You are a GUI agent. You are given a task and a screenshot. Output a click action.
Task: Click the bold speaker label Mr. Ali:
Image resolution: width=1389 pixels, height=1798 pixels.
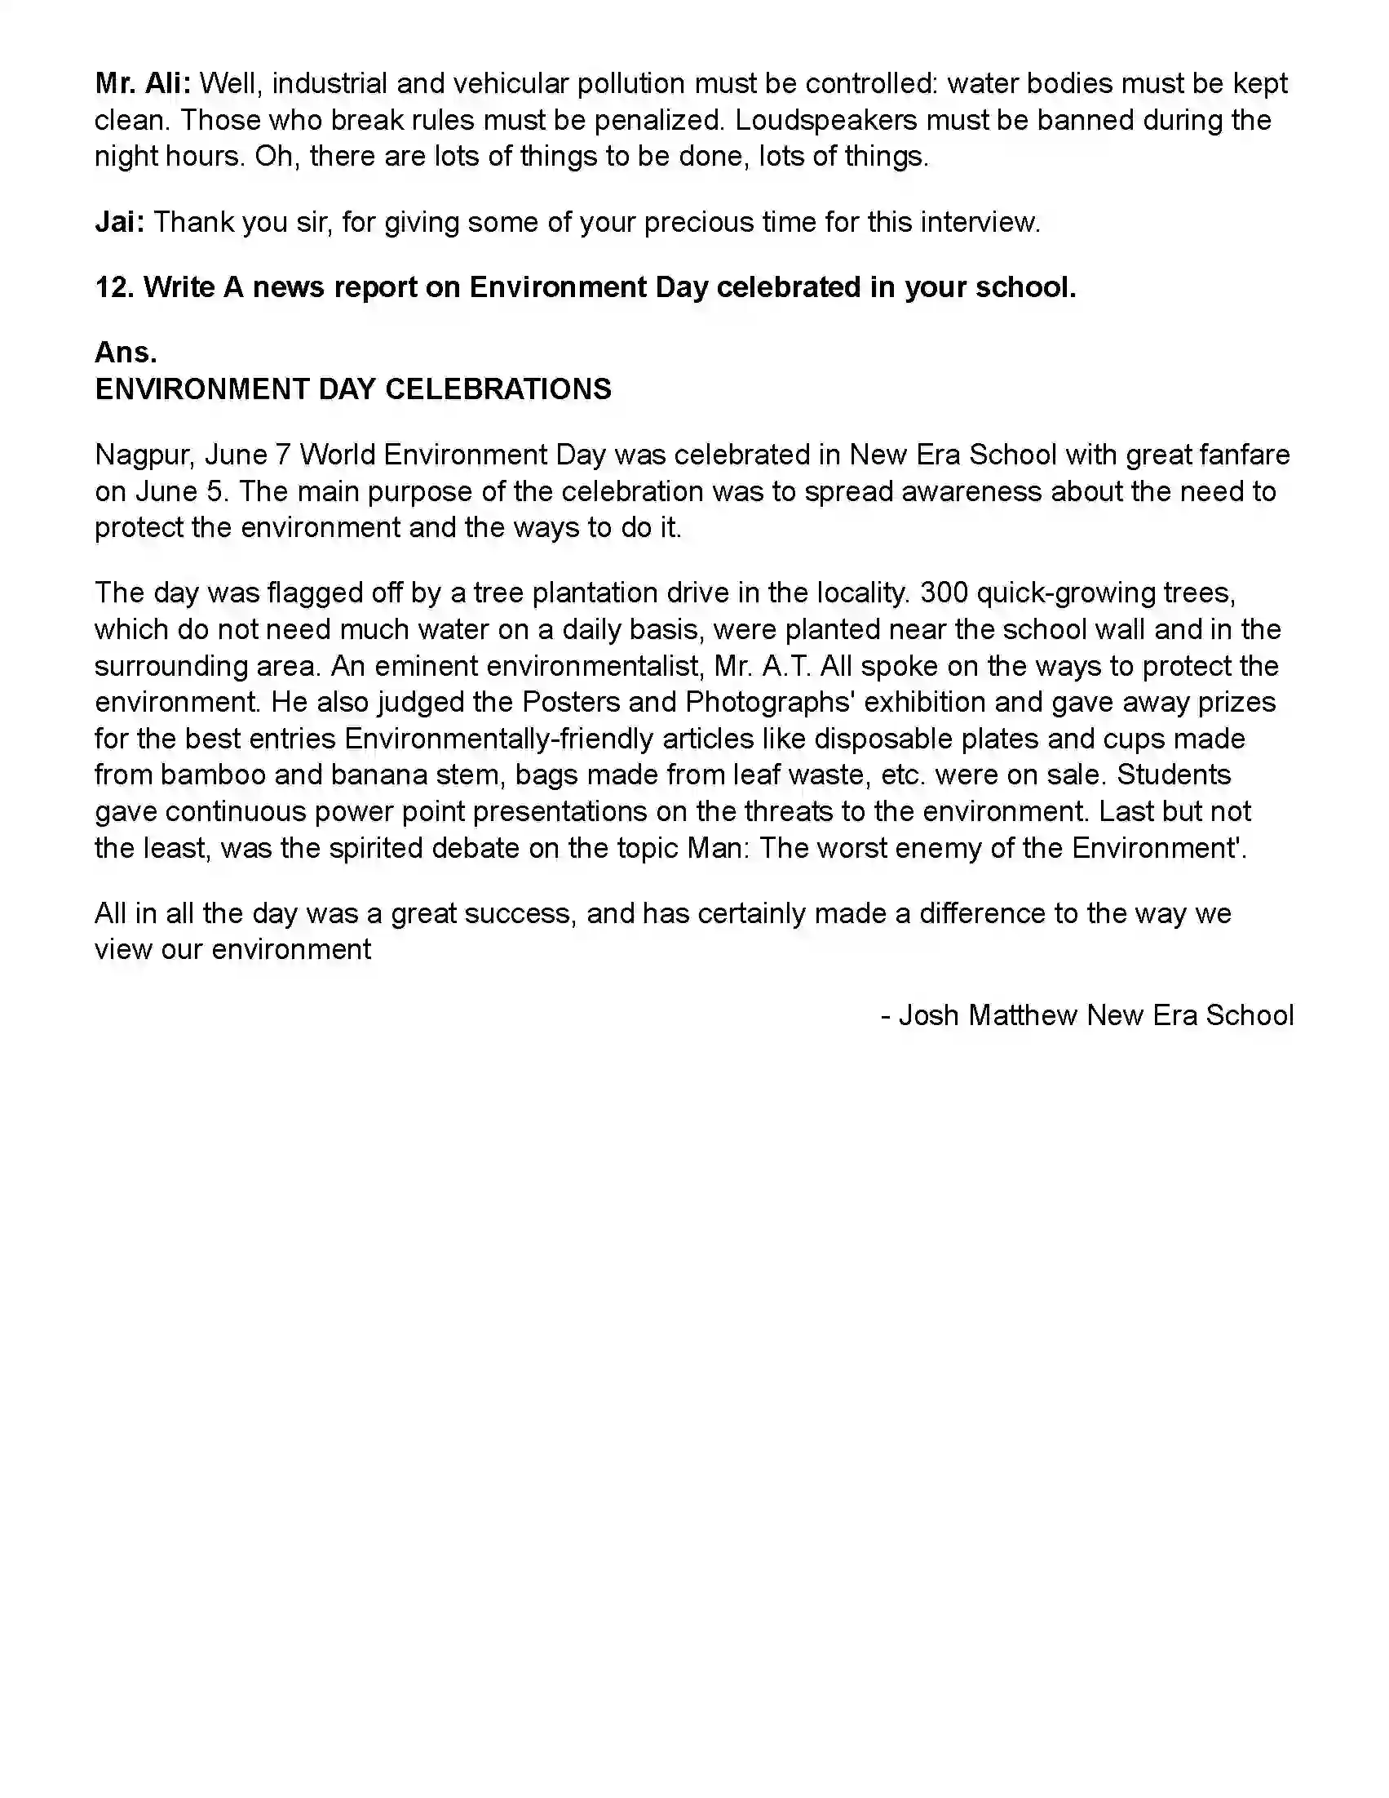pyautogui.click(x=143, y=83)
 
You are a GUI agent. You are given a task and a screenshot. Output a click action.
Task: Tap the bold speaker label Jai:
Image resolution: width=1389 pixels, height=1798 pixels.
pyautogui.click(x=119, y=221)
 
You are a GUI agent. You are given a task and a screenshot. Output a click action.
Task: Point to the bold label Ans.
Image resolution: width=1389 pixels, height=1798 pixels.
pyautogui.click(x=125, y=353)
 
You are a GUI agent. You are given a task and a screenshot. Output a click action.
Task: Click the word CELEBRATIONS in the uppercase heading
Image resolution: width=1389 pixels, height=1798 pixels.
pyautogui.click(x=498, y=389)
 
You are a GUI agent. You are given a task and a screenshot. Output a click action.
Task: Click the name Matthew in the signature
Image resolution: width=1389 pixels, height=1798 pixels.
pyautogui.click(x=1022, y=1015)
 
